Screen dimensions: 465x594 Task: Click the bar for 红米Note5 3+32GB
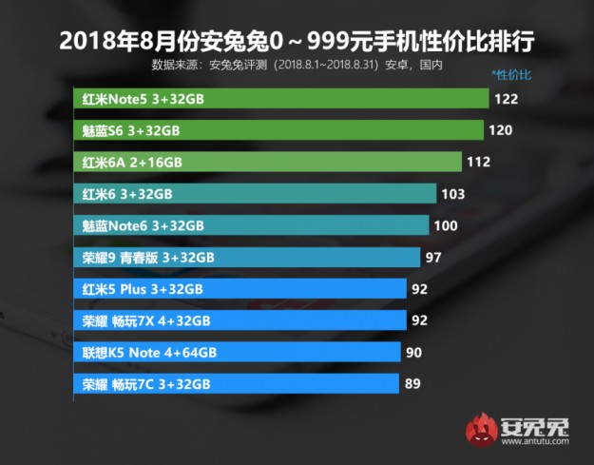click(281, 98)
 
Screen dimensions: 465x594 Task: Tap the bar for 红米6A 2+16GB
click(267, 162)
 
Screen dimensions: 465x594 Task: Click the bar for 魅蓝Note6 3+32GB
click(251, 225)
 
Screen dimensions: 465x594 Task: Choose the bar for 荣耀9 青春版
click(246, 258)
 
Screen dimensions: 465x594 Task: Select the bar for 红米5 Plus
click(240, 289)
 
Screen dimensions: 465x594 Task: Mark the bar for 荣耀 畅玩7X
click(240, 320)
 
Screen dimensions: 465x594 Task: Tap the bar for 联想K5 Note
click(237, 352)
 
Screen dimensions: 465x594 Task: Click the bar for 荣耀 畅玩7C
click(236, 383)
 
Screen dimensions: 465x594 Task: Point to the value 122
click(505, 98)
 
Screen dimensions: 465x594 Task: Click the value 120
click(501, 130)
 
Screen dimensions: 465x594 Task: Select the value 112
click(479, 162)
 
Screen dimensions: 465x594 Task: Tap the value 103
click(452, 194)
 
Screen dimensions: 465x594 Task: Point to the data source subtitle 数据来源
click(297, 65)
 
